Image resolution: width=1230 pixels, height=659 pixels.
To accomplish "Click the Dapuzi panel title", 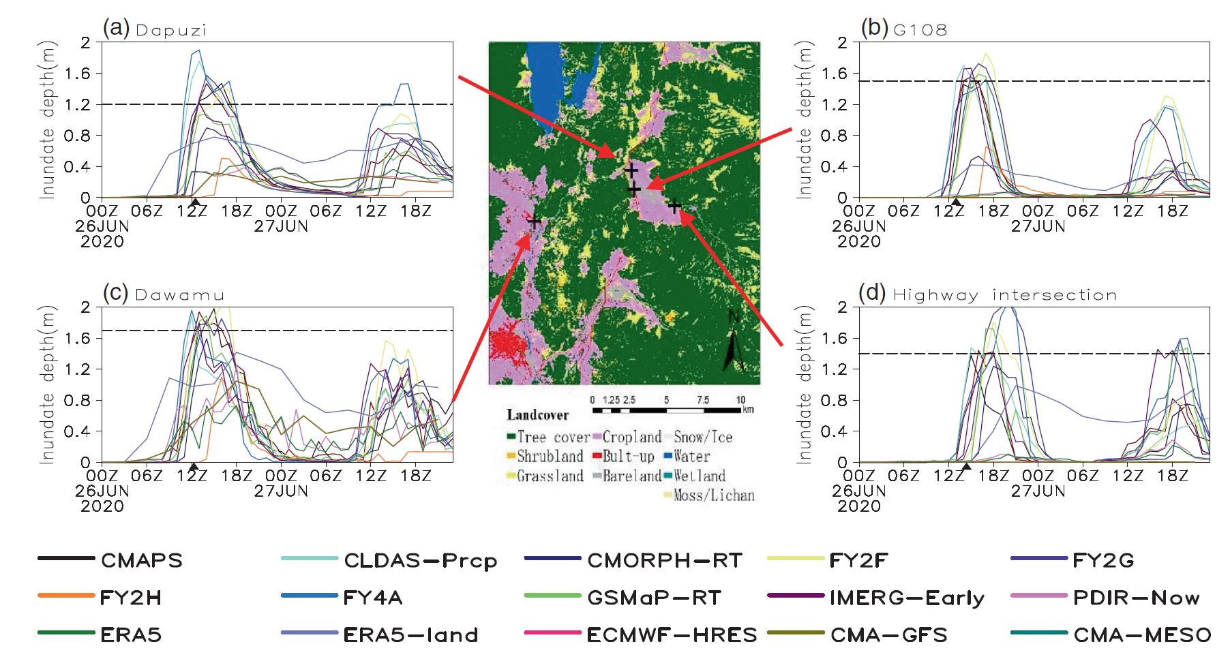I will coord(170,31).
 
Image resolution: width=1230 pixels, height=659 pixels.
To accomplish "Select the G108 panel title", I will coord(918,31).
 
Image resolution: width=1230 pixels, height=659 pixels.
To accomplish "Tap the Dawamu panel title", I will coord(180,295).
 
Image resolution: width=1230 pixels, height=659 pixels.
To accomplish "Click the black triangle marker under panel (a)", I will coord(195,202).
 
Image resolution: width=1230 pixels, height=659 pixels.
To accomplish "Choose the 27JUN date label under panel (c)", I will coord(281,491).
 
